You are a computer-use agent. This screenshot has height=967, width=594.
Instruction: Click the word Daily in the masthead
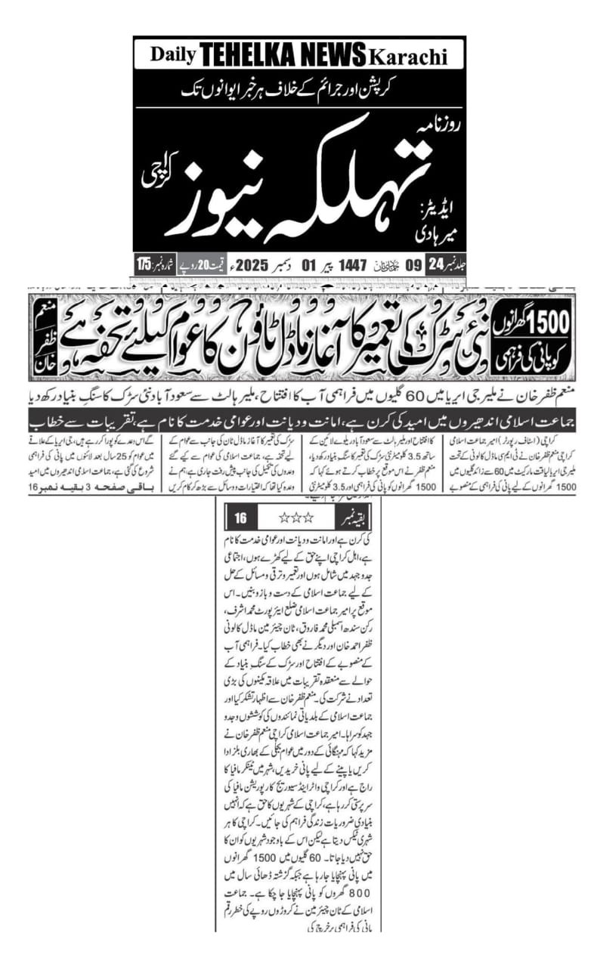[x=173, y=54]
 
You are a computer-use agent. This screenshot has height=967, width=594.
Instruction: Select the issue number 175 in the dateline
[x=144, y=266]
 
